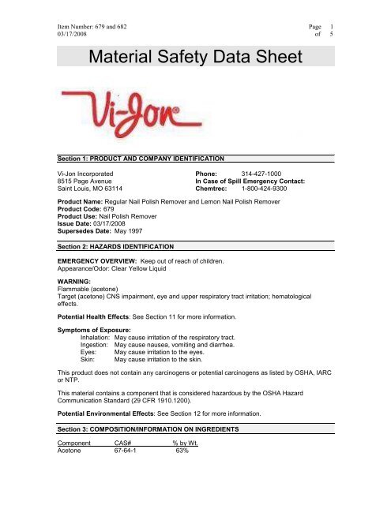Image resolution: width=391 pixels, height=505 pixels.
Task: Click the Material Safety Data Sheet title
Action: click(x=196, y=55)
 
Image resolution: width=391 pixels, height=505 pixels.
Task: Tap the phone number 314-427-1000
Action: click(x=266, y=170)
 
